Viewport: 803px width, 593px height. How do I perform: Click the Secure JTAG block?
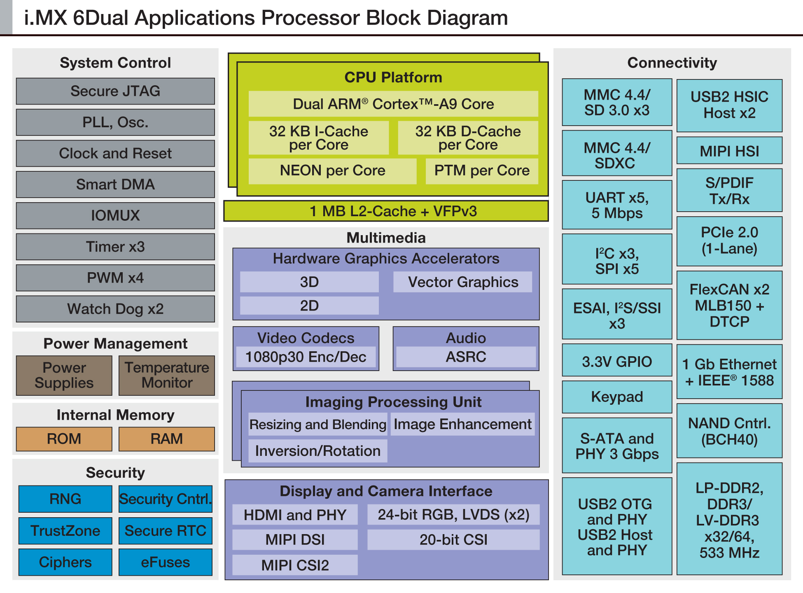pos(115,91)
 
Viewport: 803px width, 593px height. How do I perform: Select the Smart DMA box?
pos(115,184)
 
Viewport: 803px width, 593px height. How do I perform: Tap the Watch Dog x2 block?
pos(115,309)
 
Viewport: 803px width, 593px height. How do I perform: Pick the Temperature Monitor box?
pos(167,375)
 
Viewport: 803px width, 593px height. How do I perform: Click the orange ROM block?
pos(64,439)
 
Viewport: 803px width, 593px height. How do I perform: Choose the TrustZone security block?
pos(65,531)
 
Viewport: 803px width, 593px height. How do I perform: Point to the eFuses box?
pos(166,562)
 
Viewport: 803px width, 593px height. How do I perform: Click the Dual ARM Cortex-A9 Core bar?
pos(393,104)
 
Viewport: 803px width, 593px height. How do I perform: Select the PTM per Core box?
pos(482,170)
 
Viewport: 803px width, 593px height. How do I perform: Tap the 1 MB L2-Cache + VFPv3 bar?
pos(386,211)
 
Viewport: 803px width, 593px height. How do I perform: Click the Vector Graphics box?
pos(463,282)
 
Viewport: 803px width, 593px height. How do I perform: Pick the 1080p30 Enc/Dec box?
pos(306,357)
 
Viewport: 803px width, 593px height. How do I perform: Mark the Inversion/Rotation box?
pos(317,451)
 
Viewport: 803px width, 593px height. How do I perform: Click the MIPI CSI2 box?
pos(295,565)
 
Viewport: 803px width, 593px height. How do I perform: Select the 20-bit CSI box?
pos(453,539)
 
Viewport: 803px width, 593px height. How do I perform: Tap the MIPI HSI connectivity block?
pos(729,151)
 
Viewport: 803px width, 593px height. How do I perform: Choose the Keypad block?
pos(617,397)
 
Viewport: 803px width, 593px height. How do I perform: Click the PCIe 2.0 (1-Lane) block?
pos(729,240)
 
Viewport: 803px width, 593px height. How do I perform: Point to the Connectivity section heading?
pos(672,63)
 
